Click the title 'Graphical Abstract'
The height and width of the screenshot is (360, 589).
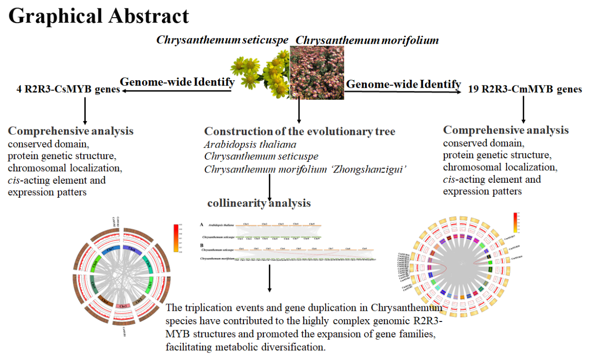click(99, 16)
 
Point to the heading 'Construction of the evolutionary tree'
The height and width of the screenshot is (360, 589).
click(300, 131)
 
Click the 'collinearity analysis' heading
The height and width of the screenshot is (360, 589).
click(259, 203)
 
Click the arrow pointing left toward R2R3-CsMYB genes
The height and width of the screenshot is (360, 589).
click(176, 91)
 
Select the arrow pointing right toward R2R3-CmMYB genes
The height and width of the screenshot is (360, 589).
click(403, 91)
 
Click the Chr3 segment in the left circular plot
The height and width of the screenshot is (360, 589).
click(123, 306)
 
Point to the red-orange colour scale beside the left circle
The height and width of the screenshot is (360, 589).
click(175, 238)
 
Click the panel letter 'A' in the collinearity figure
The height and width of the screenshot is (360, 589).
click(202, 224)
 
